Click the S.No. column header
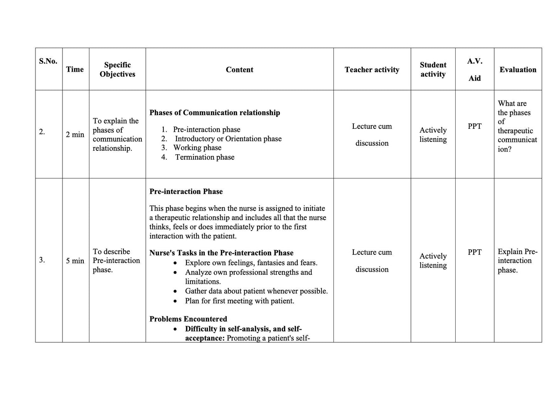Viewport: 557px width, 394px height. [x=48, y=61]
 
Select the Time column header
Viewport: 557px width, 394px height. [x=75, y=69]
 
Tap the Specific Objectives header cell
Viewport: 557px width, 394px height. [x=117, y=70]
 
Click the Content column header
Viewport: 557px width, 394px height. [x=239, y=70]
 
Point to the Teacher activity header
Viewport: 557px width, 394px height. [x=372, y=70]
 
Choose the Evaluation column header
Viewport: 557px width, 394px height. [x=518, y=70]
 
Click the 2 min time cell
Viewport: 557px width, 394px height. [x=75, y=135]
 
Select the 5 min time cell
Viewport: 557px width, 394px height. [x=75, y=261]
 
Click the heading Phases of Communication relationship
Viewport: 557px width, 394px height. [x=215, y=113]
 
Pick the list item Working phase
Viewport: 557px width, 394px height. [x=197, y=148]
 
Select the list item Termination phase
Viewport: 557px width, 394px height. [x=205, y=157]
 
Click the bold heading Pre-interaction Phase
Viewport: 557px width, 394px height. [x=186, y=192]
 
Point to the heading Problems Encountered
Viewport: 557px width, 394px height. [x=188, y=319]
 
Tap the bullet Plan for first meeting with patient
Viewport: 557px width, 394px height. [x=239, y=301]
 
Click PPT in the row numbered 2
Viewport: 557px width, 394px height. [x=475, y=126]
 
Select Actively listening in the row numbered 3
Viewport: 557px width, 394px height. [x=433, y=261]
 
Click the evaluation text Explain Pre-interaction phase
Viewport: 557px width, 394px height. [x=517, y=261]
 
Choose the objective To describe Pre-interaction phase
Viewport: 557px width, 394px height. [x=116, y=261]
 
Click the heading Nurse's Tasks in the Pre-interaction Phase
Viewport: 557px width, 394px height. [x=221, y=253]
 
